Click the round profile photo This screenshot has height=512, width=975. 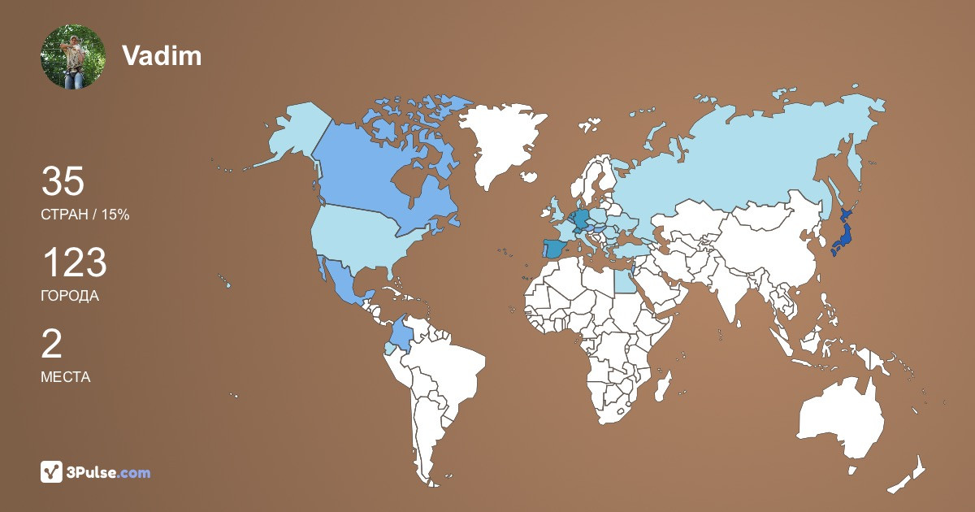click(73, 56)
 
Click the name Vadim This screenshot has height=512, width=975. click(162, 55)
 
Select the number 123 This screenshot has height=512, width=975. click(74, 263)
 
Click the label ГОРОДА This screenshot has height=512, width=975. click(70, 296)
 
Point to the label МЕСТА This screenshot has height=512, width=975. click(66, 377)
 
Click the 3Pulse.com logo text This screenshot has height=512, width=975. click(110, 472)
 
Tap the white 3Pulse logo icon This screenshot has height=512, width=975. click(52, 471)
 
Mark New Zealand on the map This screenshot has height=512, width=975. click(910, 475)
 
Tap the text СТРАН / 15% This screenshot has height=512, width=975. click(85, 215)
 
